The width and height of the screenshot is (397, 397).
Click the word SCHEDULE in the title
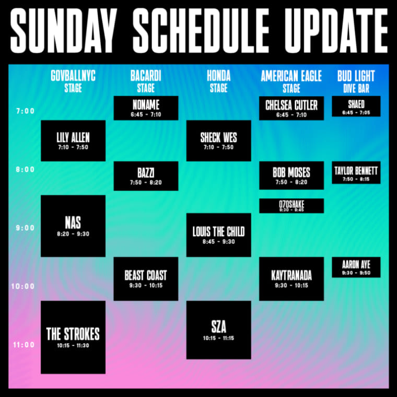coord(201,30)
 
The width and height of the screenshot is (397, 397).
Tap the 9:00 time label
coord(25,228)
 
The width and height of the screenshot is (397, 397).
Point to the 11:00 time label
coord(24,345)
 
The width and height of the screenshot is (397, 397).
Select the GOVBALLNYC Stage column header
coord(73,81)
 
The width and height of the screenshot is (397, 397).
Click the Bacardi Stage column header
coord(146,81)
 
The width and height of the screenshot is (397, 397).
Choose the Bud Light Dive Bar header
coord(356,81)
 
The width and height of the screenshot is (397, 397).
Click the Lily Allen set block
coord(73,141)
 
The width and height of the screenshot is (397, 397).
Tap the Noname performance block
coord(146,108)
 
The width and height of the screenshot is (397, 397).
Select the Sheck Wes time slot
coord(219,141)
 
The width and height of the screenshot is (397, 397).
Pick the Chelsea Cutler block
coord(291,108)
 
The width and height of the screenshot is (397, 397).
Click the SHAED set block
coord(356,107)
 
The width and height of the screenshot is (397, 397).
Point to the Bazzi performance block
coord(146,176)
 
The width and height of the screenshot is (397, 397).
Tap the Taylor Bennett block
coord(356,172)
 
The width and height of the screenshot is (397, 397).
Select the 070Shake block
coord(291,206)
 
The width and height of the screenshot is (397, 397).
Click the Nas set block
coord(73,226)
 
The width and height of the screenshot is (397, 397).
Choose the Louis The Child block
coord(219,235)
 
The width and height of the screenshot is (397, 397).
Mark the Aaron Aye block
coord(356,267)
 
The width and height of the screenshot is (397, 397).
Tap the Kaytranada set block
coord(291,279)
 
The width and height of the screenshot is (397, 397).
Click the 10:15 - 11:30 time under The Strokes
coord(73,346)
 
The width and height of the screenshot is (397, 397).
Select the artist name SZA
coord(219,326)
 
